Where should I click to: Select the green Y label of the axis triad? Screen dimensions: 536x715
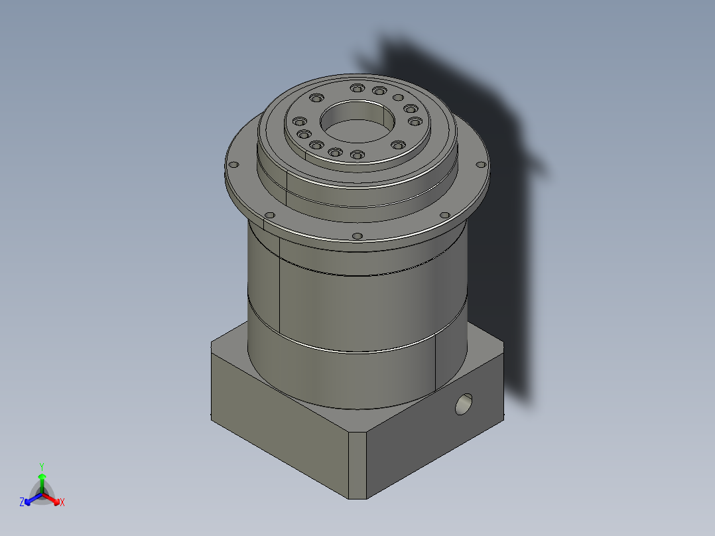click(x=42, y=466)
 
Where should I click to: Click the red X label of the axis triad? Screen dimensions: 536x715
click(x=62, y=503)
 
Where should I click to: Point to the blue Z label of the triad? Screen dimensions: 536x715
click(x=22, y=502)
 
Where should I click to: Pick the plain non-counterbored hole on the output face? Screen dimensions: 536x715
click(x=398, y=98)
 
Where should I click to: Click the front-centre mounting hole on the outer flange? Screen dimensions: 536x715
click(x=357, y=235)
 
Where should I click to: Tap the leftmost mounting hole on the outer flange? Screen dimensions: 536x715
click(x=232, y=165)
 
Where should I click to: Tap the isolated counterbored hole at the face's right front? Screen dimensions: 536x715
click(x=397, y=145)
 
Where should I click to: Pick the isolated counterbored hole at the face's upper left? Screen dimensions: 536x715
click(x=315, y=98)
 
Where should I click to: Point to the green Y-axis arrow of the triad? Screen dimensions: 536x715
click(x=42, y=481)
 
